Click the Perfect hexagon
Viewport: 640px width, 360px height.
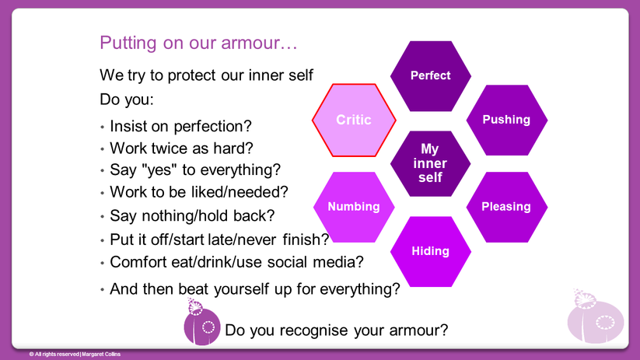pyautogui.click(x=431, y=76)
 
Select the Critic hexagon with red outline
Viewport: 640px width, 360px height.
pyautogui.click(x=354, y=120)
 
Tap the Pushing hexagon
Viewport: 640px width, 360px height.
pyautogui.click(x=506, y=120)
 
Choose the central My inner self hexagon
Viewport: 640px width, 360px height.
pyautogui.click(x=430, y=163)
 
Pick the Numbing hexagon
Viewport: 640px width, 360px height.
pyautogui.click(x=354, y=207)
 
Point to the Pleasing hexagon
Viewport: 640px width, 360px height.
pyautogui.click(x=506, y=207)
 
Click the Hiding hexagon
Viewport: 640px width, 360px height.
pyautogui.click(x=431, y=251)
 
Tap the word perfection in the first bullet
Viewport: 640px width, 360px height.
pyautogui.click(x=212, y=127)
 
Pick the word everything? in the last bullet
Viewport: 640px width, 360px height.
pyautogui.click(x=359, y=289)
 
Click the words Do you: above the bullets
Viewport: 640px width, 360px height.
pyautogui.click(x=127, y=100)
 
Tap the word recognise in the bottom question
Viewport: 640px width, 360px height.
pyautogui.click(x=313, y=330)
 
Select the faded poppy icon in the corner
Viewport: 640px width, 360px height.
pyautogui.click(x=595, y=316)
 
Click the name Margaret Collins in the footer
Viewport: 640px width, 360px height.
pyautogui.click(x=101, y=355)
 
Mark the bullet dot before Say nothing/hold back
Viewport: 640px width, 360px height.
pyautogui.click(x=102, y=217)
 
